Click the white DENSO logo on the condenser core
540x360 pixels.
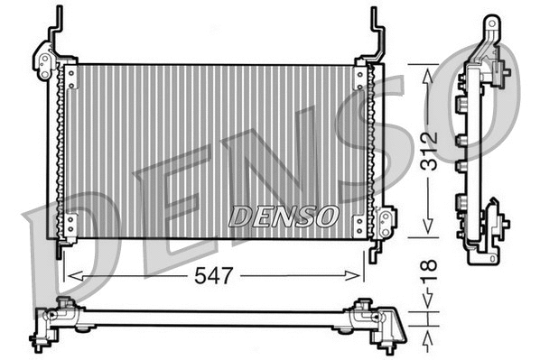284,217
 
